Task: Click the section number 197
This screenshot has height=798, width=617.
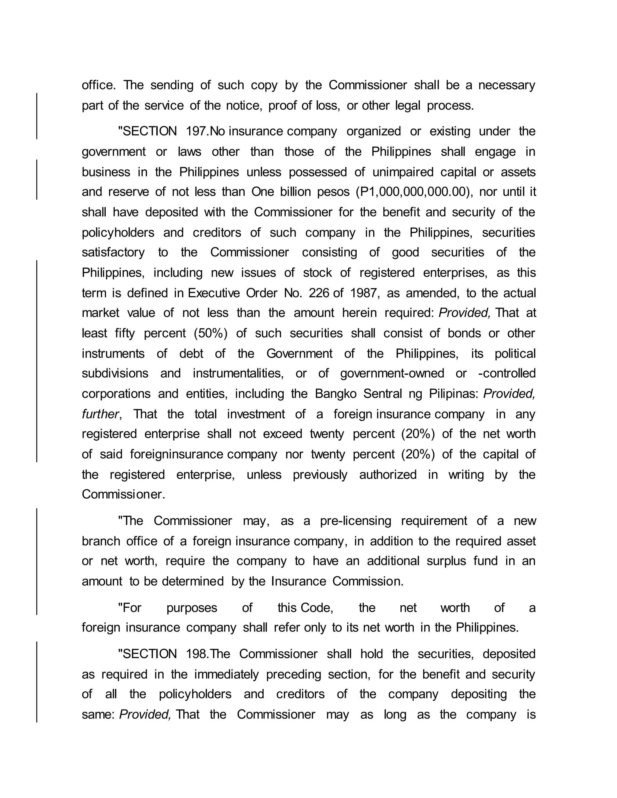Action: point(197,131)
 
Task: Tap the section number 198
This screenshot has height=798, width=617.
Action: point(197,654)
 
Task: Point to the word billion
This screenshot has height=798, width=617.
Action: point(294,192)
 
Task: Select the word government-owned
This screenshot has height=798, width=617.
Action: point(392,373)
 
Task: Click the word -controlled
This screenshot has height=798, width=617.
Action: point(507,373)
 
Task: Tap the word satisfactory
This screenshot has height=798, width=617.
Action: point(113,252)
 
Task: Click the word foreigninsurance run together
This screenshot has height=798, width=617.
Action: point(176,454)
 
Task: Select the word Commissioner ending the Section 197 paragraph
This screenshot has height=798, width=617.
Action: point(123,494)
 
